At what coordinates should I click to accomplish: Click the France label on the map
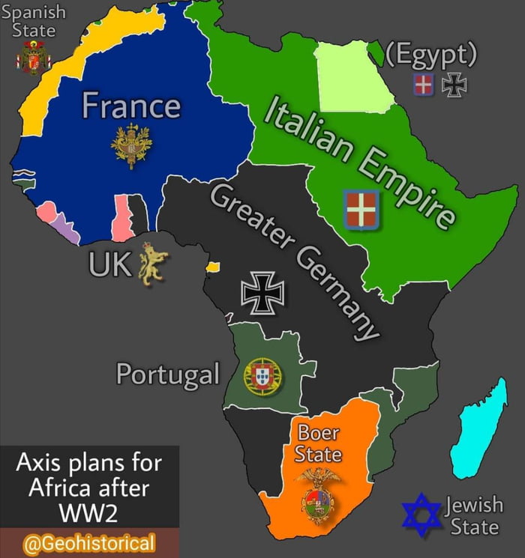(131, 106)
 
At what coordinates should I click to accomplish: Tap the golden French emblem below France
(131, 145)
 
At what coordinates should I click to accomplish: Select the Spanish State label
(34, 21)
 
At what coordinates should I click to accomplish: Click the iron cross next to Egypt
(454, 85)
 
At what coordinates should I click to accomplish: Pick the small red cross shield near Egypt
(424, 85)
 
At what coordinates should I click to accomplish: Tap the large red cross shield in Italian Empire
(361, 209)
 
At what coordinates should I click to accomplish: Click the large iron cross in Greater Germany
(262, 291)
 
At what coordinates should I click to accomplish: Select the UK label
(109, 264)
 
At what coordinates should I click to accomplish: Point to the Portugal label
(167, 374)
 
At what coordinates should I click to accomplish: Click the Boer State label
(318, 443)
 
